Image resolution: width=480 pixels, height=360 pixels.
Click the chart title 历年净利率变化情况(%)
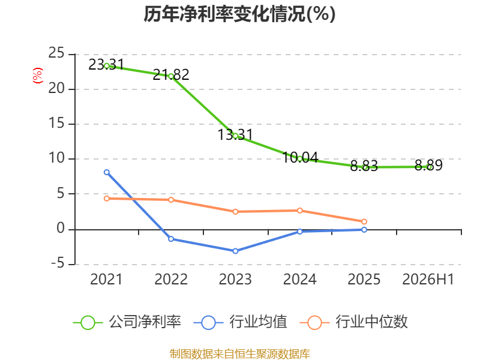[239, 14]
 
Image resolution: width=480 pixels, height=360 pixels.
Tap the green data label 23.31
[106, 64]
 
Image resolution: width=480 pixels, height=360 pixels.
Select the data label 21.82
[171, 74]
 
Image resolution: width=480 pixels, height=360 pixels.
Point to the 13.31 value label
[235, 134]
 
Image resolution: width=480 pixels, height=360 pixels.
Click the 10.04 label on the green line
[300, 157]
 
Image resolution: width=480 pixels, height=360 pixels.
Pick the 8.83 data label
[364, 166]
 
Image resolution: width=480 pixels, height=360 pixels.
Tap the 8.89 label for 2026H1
[428, 166]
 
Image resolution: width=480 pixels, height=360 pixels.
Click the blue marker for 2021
[107, 172]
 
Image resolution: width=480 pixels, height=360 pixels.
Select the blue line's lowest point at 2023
[235, 251]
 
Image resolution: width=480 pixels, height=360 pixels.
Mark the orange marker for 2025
[364, 221]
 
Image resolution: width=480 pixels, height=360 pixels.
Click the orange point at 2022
[171, 200]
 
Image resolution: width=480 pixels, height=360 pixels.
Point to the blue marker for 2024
[299, 232]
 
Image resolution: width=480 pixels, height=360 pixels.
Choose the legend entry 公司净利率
[127, 322]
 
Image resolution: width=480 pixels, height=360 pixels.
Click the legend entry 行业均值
[241, 322]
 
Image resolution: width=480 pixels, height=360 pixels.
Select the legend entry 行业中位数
[354, 322]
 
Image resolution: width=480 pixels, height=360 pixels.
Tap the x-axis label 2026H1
[428, 279]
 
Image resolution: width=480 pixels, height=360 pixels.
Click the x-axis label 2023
[235, 279]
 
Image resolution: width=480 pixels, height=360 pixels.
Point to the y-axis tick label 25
[56, 53]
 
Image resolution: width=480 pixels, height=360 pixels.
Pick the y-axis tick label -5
[58, 263]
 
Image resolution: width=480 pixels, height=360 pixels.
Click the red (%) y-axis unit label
[38, 76]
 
